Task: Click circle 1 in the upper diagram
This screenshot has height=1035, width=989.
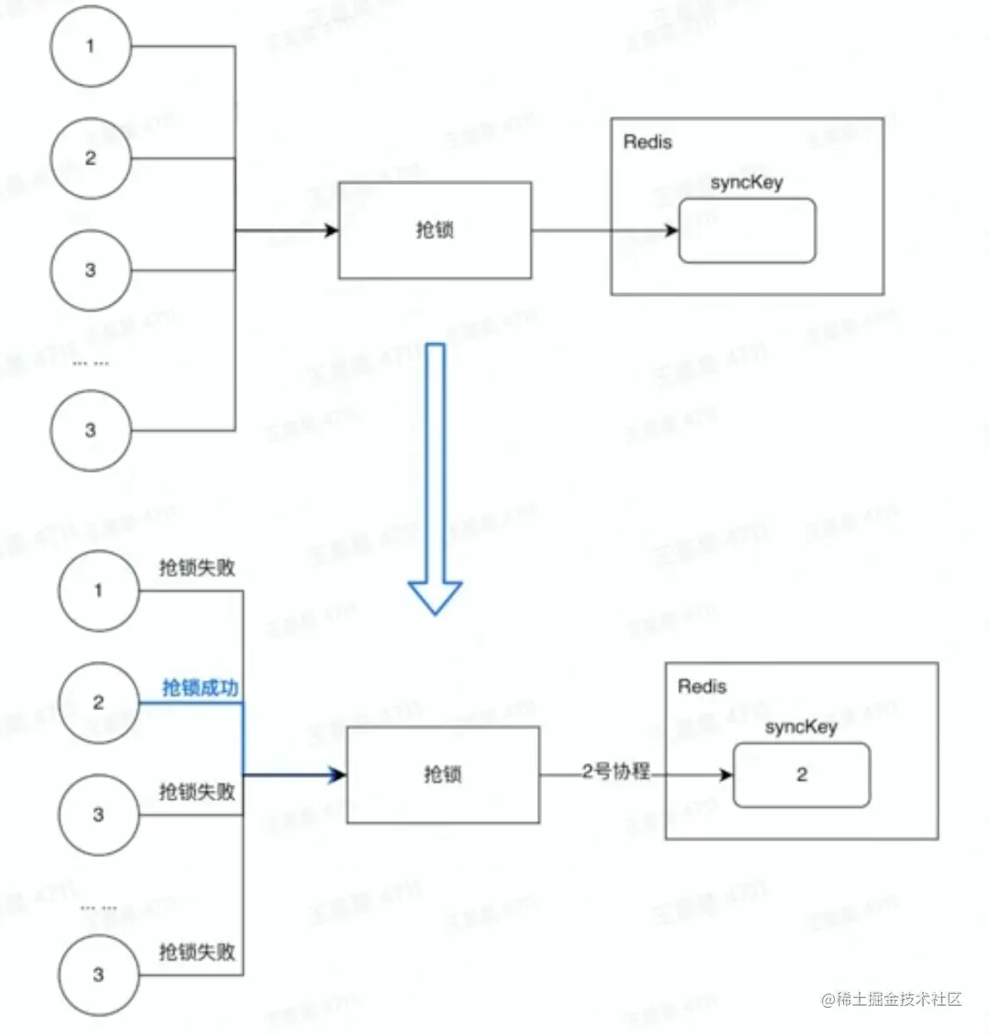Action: (91, 47)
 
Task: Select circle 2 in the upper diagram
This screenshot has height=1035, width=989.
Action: (91, 158)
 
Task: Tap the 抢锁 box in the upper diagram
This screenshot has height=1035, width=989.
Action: (435, 231)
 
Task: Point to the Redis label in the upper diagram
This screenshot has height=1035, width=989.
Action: (648, 142)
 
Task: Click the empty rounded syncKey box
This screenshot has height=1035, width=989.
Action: (747, 231)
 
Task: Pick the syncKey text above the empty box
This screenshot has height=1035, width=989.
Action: (746, 183)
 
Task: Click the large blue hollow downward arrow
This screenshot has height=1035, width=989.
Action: (436, 475)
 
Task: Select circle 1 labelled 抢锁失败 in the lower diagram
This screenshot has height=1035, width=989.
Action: (99, 591)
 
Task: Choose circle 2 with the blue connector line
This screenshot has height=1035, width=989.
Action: (99, 702)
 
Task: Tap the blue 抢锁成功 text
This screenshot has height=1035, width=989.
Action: (201, 687)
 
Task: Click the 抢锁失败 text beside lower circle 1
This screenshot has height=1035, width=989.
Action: (197, 568)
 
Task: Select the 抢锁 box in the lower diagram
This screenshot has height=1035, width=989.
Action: (443, 774)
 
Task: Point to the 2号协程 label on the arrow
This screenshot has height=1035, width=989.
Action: (616, 772)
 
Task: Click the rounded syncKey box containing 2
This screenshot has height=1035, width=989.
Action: (801, 775)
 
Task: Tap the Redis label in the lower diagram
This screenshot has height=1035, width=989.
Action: (702, 686)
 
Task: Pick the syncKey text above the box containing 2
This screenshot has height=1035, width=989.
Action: (801, 727)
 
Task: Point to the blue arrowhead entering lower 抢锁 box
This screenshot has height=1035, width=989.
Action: (337, 775)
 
